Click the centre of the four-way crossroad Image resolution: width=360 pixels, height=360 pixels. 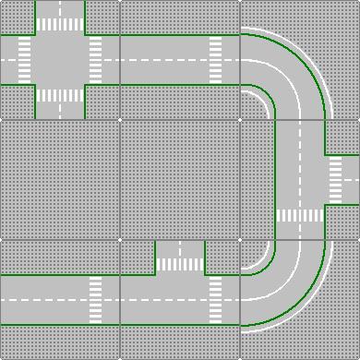(x=60, y=60)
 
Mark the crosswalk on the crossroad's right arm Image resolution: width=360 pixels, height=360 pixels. (x=95, y=60)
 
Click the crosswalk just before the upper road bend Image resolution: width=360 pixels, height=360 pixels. (x=215, y=60)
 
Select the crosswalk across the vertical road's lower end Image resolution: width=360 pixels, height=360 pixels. (x=299, y=215)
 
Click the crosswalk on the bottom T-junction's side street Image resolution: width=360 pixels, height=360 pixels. (x=180, y=264)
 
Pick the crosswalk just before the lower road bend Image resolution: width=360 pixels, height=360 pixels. (x=215, y=300)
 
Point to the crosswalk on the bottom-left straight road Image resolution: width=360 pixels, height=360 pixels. (x=95, y=300)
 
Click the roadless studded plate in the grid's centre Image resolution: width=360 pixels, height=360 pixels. (x=180, y=179)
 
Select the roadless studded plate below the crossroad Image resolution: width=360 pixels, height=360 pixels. (x=60, y=179)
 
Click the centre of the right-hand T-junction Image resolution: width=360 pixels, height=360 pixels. (x=299, y=179)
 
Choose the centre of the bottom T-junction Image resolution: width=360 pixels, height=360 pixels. (x=180, y=300)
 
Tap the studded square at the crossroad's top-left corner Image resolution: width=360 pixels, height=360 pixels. (x=17, y=17)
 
